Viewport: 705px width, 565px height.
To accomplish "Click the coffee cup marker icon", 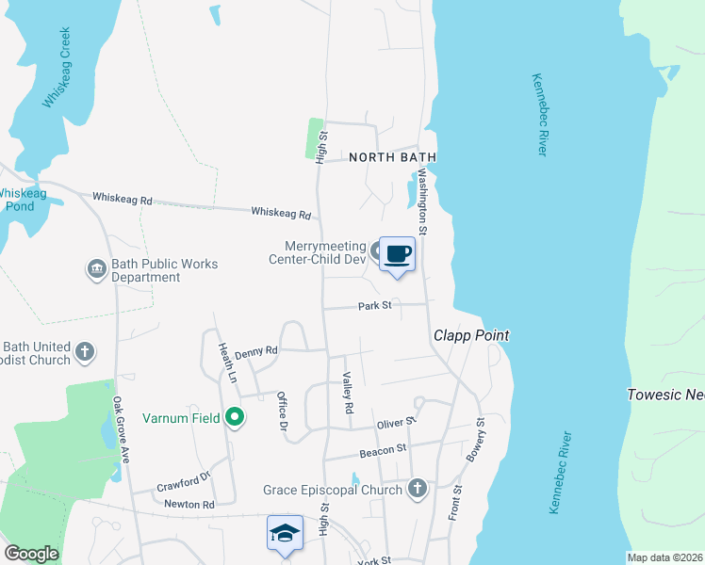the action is [x=397, y=254].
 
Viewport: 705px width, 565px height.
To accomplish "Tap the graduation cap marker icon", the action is [x=284, y=533].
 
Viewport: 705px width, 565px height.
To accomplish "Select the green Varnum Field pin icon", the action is [x=235, y=417].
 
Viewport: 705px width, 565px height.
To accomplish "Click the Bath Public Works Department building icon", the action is [x=97, y=270].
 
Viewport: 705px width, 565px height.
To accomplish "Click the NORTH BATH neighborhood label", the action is [x=382, y=158].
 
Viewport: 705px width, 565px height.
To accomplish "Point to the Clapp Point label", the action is [x=470, y=335].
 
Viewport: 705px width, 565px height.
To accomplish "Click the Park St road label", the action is [x=373, y=306].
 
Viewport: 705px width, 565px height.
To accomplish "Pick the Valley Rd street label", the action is [x=346, y=394].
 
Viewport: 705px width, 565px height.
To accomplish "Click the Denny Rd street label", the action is [x=256, y=349].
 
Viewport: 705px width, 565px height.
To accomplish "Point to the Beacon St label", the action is [x=383, y=453].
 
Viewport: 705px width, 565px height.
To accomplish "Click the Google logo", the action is [x=31, y=554].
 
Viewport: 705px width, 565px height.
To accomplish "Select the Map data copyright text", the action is [x=665, y=557].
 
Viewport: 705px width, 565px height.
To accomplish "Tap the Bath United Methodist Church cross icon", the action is [x=85, y=352].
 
